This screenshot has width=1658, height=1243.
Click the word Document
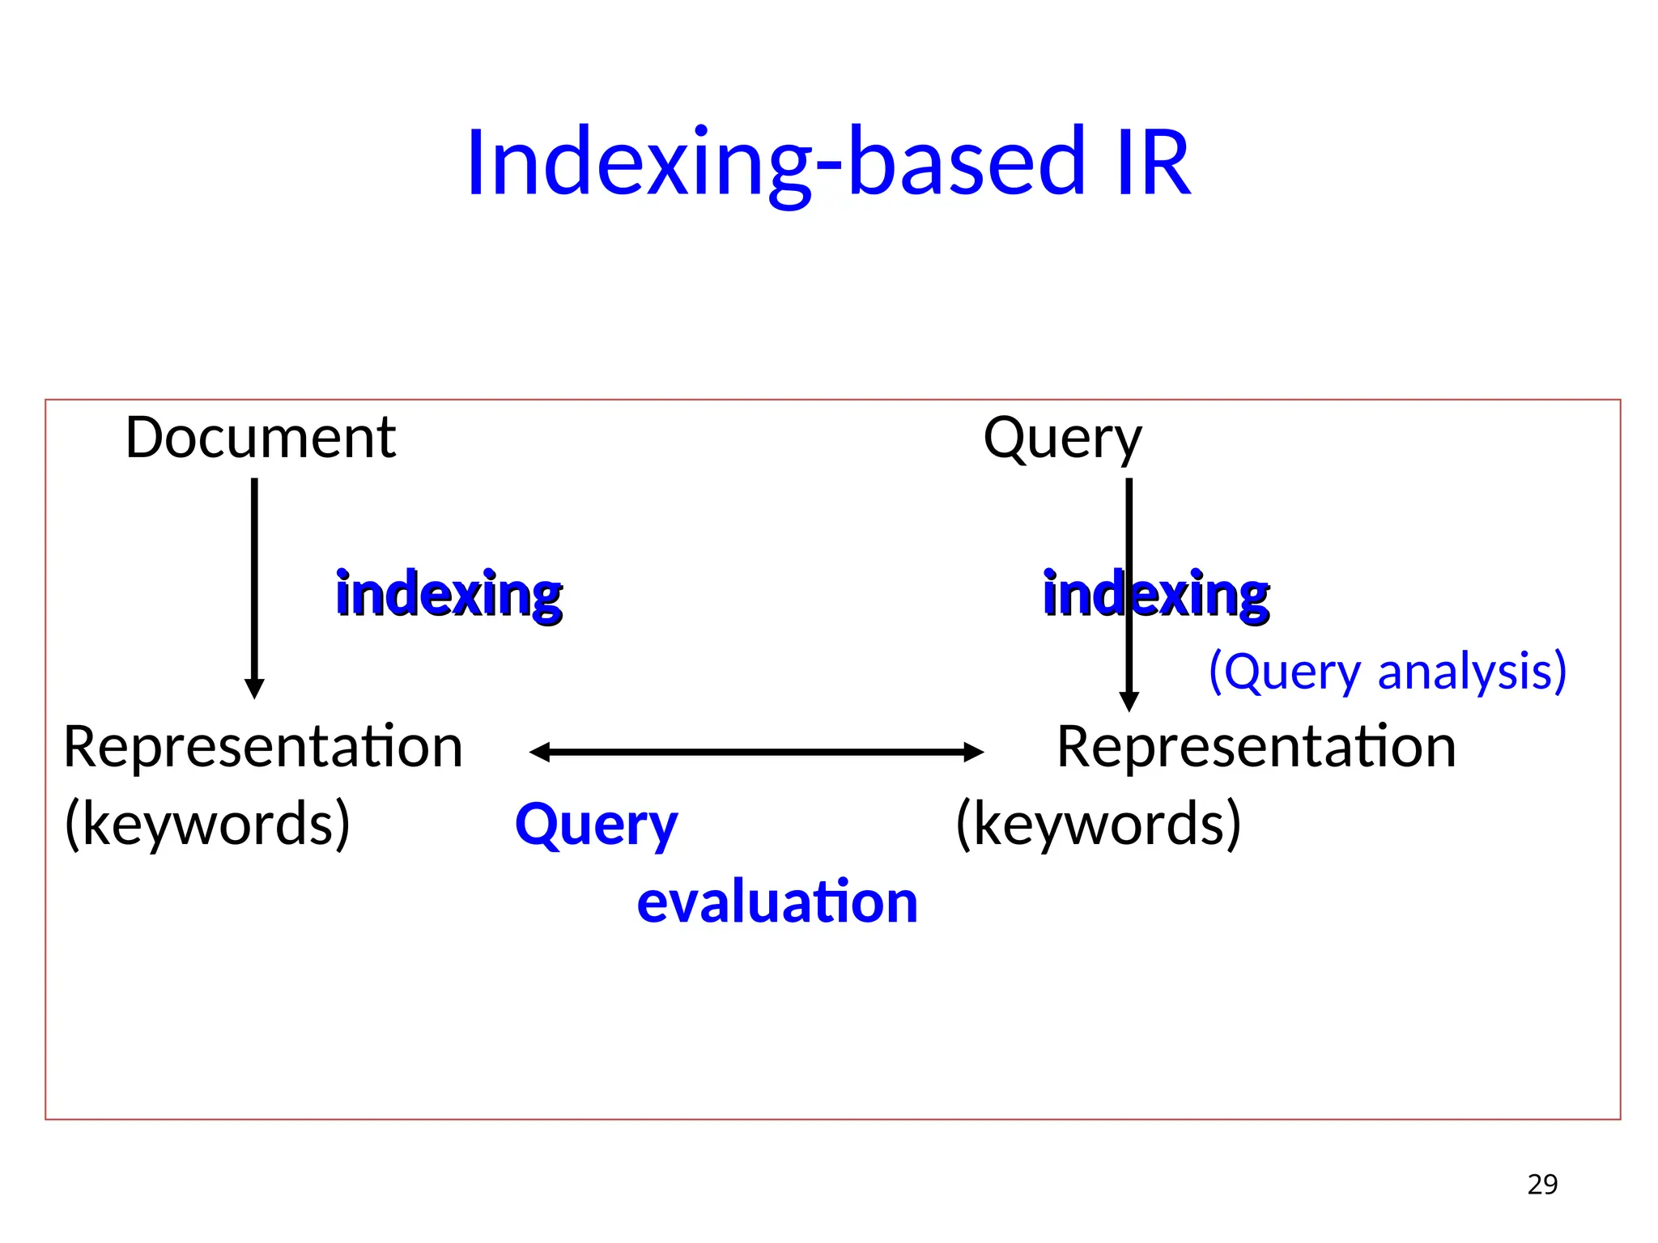260,438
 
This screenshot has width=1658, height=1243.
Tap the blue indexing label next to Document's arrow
449,595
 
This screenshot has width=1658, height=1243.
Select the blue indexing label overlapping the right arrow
1156,595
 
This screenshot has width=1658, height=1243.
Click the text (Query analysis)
1387,672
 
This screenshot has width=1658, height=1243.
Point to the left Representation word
263,746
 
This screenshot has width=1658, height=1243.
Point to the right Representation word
1256,746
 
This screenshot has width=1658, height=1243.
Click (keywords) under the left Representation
207,823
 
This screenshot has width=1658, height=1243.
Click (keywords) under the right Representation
1098,823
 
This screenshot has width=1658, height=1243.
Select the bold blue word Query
596,825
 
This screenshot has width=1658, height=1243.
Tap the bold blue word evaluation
777,901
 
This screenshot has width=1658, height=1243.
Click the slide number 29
1542,1184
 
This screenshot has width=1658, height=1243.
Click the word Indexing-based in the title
775,163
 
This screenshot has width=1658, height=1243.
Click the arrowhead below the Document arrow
254,689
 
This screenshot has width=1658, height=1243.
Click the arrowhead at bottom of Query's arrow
1129,702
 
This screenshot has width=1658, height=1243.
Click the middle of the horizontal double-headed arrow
756,752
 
